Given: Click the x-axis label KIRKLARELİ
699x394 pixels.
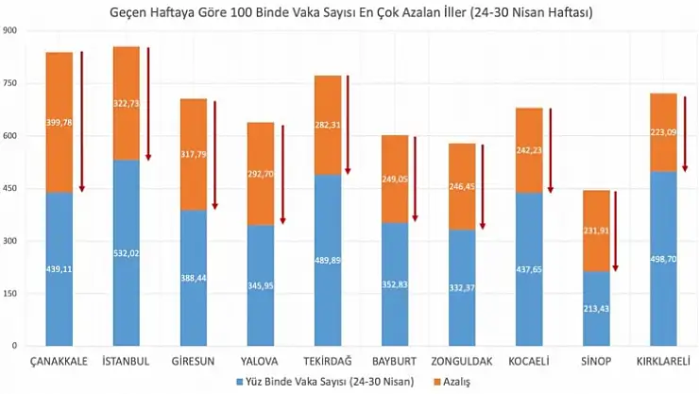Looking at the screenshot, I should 663,362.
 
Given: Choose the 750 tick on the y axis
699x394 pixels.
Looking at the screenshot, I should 12,84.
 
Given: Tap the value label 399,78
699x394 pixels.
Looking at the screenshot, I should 59,122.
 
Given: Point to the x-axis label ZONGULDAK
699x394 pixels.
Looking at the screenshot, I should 462,362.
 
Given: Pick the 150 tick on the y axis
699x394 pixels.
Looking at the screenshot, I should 12,294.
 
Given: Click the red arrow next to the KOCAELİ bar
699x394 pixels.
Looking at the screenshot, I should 550,151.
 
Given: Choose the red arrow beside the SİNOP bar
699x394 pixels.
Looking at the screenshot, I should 616,231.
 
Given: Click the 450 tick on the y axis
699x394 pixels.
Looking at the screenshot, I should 12,189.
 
